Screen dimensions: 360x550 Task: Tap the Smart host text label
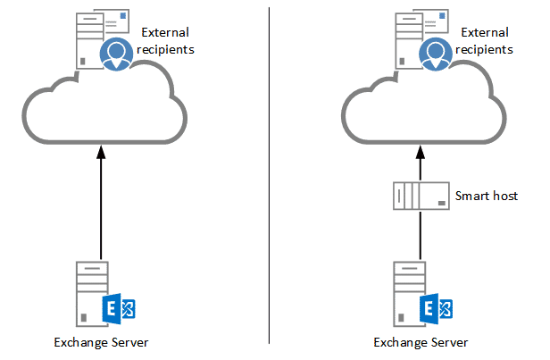(x=486, y=196)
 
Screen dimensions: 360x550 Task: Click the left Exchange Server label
(x=101, y=342)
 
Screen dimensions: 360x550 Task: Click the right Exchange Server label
(x=421, y=342)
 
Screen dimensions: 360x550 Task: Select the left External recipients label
(x=166, y=41)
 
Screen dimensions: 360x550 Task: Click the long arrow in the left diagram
(x=101, y=205)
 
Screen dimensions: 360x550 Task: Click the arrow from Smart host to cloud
(x=421, y=165)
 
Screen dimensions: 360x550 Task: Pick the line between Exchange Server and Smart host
(x=421, y=237)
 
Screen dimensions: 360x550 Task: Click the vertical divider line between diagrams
(x=269, y=179)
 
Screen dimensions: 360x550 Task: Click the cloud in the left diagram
(x=103, y=112)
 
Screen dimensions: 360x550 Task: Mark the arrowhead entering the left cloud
(x=101, y=153)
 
